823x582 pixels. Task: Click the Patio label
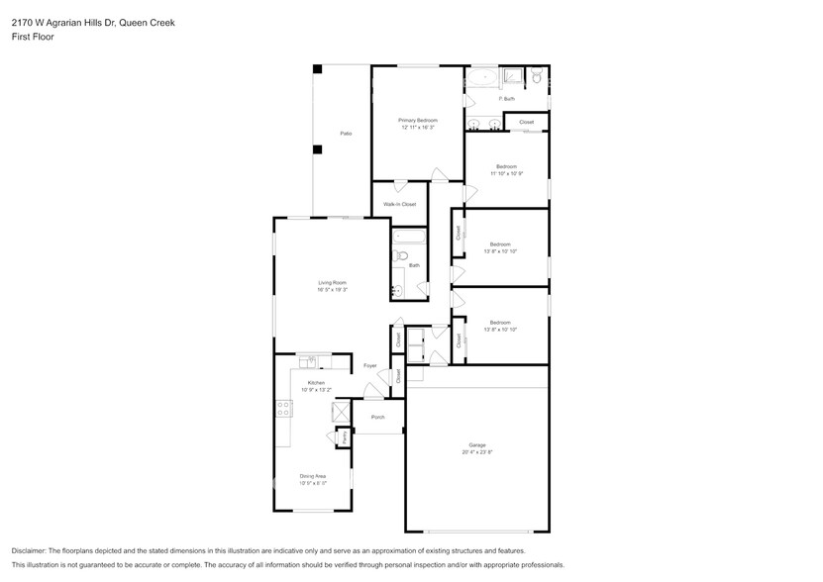pyautogui.click(x=346, y=133)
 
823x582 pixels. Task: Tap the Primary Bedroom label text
pyautogui.click(x=418, y=120)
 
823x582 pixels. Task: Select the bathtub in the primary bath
pyautogui.click(x=482, y=76)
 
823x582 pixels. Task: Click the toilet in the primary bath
pyautogui.click(x=535, y=75)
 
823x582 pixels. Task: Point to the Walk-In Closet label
pyautogui.click(x=399, y=204)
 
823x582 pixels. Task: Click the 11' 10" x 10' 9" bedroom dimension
pyautogui.click(x=506, y=173)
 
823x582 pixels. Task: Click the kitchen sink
pyautogui.click(x=313, y=360)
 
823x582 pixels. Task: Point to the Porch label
pyautogui.click(x=377, y=417)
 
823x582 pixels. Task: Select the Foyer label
pyautogui.click(x=370, y=366)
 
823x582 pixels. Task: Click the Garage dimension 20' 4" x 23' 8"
pyautogui.click(x=476, y=451)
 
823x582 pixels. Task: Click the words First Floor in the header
pyautogui.click(x=33, y=37)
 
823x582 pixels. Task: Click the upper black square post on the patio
pyautogui.click(x=317, y=69)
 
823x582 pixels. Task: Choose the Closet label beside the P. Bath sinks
pyautogui.click(x=526, y=123)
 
